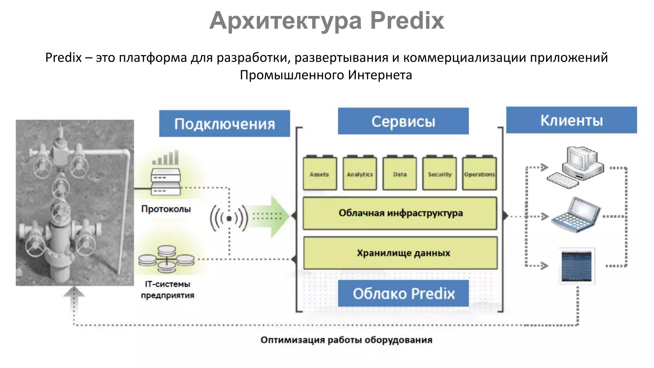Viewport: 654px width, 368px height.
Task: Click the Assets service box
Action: pyautogui.click(x=320, y=174)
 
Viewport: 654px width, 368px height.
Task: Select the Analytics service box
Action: pyautogui.click(x=360, y=174)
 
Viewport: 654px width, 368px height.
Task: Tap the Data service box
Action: pyautogui.click(x=399, y=174)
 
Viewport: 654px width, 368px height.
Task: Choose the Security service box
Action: pyautogui.click(x=439, y=174)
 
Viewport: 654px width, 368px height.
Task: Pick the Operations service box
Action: pyautogui.click(x=479, y=174)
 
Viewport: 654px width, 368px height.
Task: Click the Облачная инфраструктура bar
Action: pyautogui.click(x=400, y=213)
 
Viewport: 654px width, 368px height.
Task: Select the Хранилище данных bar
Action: pyautogui.click(x=400, y=253)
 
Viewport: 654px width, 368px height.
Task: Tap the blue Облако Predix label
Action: pyautogui.click(x=403, y=293)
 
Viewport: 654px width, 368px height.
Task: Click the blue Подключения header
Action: pyautogui.click(x=224, y=124)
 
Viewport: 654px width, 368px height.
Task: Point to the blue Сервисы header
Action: pyautogui.click(x=403, y=121)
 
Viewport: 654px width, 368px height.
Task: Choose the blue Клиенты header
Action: pyautogui.click(x=571, y=120)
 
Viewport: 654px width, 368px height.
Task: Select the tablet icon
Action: pyautogui.click(x=577, y=266)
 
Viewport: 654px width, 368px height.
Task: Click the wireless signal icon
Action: pyautogui.click(x=229, y=218)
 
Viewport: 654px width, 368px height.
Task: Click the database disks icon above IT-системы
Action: pyautogui.click(x=166, y=259)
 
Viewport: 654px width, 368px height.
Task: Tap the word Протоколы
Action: pyautogui.click(x=166, y=209)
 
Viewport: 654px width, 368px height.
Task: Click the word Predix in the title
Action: pyautogui.click(x=407, y=20)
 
